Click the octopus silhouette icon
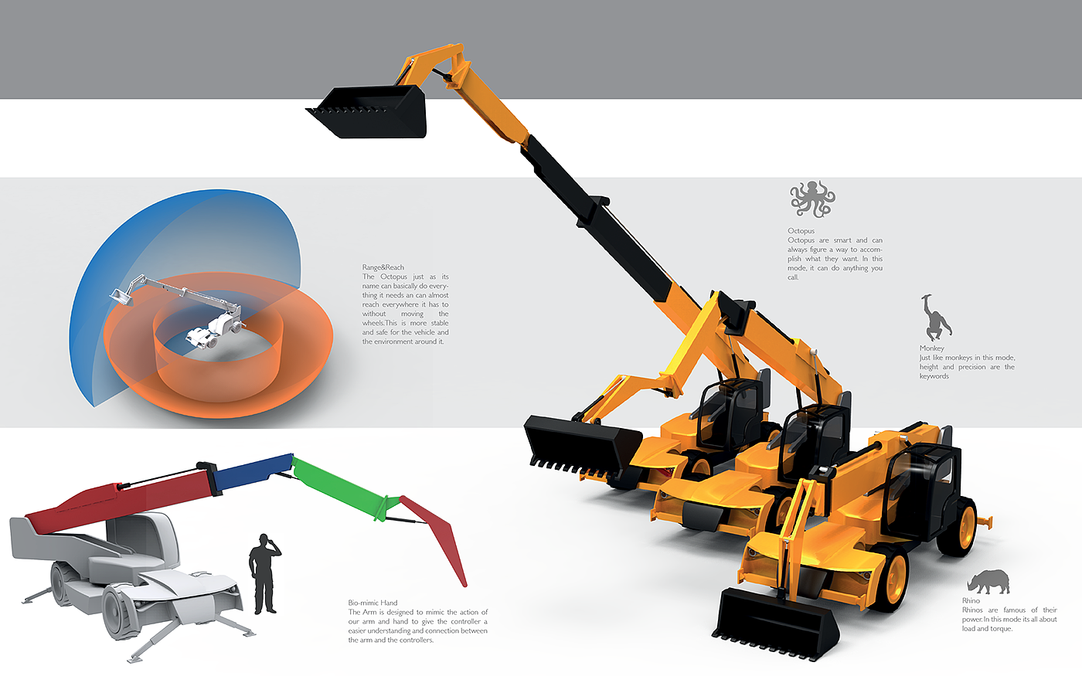point(812,199)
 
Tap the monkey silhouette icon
point(936,318)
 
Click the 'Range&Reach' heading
point(383,267)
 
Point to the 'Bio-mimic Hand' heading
point(373,603)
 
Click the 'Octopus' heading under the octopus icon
point(801,231)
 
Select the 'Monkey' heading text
point(931,348)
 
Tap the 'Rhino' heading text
point(971,600)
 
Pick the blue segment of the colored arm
point(253,471)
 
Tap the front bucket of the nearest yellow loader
point(773,618)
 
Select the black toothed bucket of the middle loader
point(580,444)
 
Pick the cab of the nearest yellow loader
point(924,483)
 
